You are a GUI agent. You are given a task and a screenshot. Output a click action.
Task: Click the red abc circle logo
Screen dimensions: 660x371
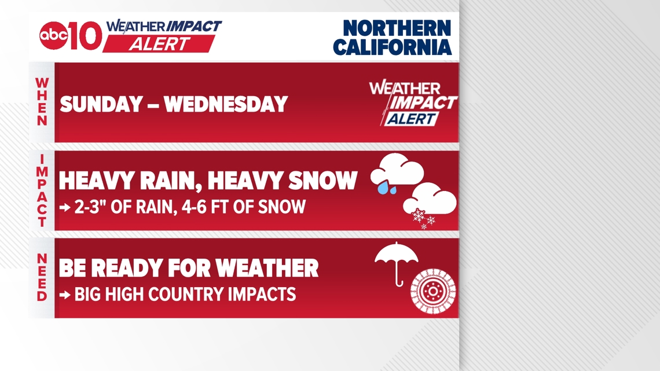[53, 35]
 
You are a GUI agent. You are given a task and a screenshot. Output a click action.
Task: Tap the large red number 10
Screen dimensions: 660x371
[86, 36]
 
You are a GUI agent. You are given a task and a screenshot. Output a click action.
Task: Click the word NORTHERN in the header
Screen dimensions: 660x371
[397, 28]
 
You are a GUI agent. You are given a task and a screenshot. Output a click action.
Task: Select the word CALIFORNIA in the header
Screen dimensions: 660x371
[393, 47]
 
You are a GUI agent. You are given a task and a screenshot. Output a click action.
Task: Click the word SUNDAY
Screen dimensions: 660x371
[101, 104]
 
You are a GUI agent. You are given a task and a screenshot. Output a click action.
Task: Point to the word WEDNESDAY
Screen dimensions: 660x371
[226, 104]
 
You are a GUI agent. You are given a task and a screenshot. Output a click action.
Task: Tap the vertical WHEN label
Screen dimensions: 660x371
[42, 102]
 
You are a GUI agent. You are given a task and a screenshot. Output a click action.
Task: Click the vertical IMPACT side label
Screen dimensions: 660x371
[42, 190]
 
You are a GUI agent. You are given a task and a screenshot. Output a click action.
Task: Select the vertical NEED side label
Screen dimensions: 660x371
[42, 277]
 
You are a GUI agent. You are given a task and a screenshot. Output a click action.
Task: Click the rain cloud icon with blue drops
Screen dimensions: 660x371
[397, 173]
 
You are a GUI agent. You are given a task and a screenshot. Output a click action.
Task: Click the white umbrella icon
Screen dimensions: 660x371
[397, 263]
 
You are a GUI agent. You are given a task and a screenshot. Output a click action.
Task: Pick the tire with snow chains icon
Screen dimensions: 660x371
[433, 291]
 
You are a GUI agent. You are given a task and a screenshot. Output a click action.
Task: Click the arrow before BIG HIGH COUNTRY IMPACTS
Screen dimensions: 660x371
[65, 295]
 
